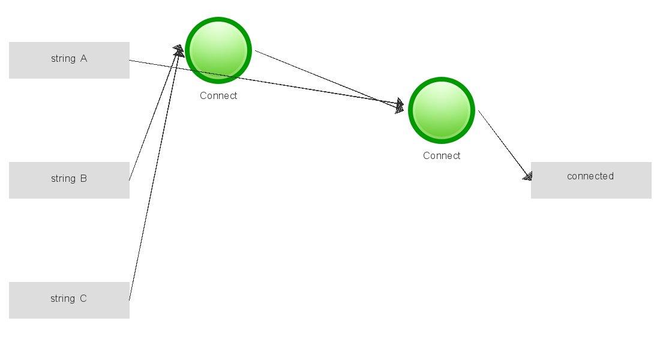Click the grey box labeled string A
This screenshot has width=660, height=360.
coord(69,60)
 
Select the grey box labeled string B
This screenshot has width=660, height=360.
coord(69,180)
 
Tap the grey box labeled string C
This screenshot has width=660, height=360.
coord(69,300)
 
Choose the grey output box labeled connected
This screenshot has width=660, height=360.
coord(591,180)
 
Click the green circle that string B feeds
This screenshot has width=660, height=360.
coord(218,50)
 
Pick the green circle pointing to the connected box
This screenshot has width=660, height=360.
coord(442,110)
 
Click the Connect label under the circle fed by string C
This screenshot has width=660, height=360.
coord(218,96)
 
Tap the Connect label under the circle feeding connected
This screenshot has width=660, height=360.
coord(442,156)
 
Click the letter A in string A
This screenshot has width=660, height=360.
coord(83,59)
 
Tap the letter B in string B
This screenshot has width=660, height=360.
coord(83,179)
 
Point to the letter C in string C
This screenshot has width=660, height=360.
coord(83,299)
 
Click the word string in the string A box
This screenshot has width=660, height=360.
coord(63,59)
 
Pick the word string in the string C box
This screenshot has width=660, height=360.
coord(62,299)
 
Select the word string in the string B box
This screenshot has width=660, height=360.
coord(63,179)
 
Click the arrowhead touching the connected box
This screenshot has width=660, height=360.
coord(527,175)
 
